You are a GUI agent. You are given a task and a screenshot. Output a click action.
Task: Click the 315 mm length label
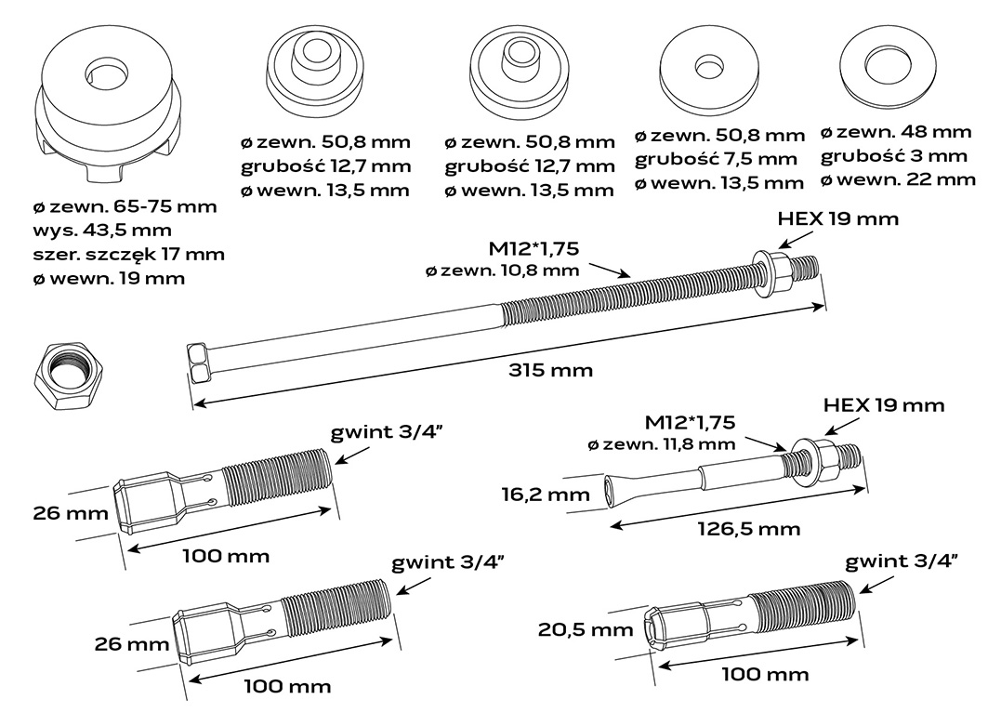click(x=550, y=371)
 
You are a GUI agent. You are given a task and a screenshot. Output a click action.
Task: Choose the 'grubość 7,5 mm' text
click(x=717, y=159)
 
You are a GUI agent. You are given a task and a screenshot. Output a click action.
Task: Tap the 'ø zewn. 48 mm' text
click(x=897, y=132)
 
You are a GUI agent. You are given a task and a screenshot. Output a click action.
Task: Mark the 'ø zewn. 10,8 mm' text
click(x=502, y=271)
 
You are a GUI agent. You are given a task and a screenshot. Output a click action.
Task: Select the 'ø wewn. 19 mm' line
click(x=110, y=278)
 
